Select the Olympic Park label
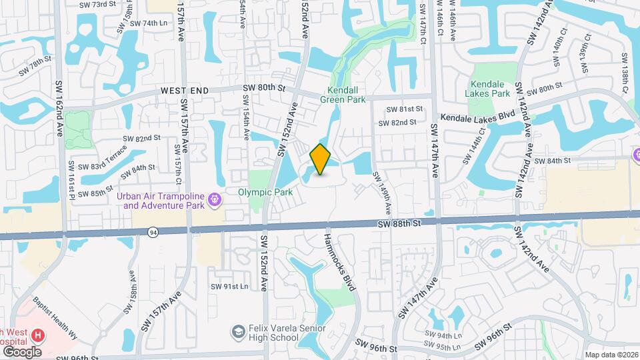click(x=265, y=192)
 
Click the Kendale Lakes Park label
click(x=490, y=89)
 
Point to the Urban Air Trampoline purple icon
click(x=214, y=199)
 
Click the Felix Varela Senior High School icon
click(x=237, y=332)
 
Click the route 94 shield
click(x=153, y=231)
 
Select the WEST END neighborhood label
click(x=185, y=90)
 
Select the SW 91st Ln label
click(x=229, y=286)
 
